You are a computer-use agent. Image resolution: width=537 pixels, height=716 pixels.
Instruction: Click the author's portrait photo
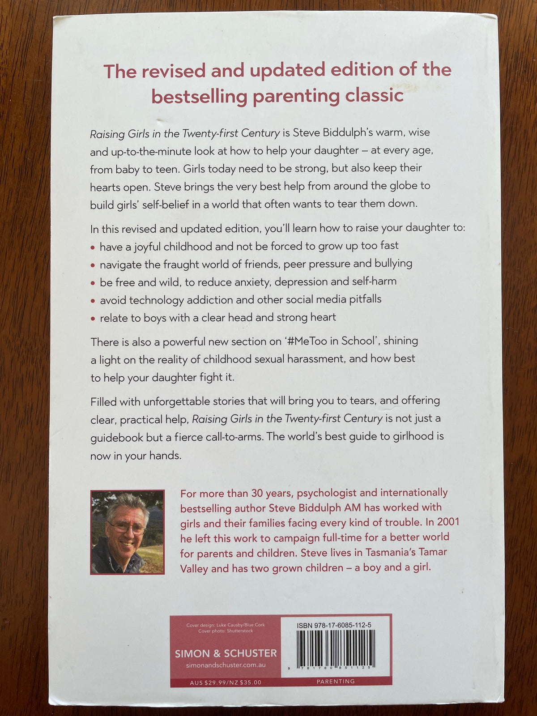[128, 532]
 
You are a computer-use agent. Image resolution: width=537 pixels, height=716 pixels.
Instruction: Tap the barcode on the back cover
[336, 649]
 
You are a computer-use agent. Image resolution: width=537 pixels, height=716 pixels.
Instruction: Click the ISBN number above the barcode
[334, 625]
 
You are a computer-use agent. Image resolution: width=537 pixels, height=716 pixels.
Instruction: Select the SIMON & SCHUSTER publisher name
[226, 653]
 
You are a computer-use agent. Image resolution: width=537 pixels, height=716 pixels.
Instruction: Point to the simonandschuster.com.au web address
[226, 665]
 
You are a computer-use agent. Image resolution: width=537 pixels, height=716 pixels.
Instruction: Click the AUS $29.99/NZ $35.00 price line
[226, 682]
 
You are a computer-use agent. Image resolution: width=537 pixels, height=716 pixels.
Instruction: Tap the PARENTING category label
[336, 682]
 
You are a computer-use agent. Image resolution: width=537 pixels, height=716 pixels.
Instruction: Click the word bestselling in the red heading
[199, 97]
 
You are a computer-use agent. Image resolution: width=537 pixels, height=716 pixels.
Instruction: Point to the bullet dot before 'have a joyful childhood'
[93, 247]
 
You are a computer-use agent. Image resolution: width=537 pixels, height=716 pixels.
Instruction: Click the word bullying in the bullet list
[393, 264]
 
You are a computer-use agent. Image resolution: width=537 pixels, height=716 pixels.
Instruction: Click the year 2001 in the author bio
[448, 522]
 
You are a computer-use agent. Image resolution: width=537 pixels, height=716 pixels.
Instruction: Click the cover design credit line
[226, 625]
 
